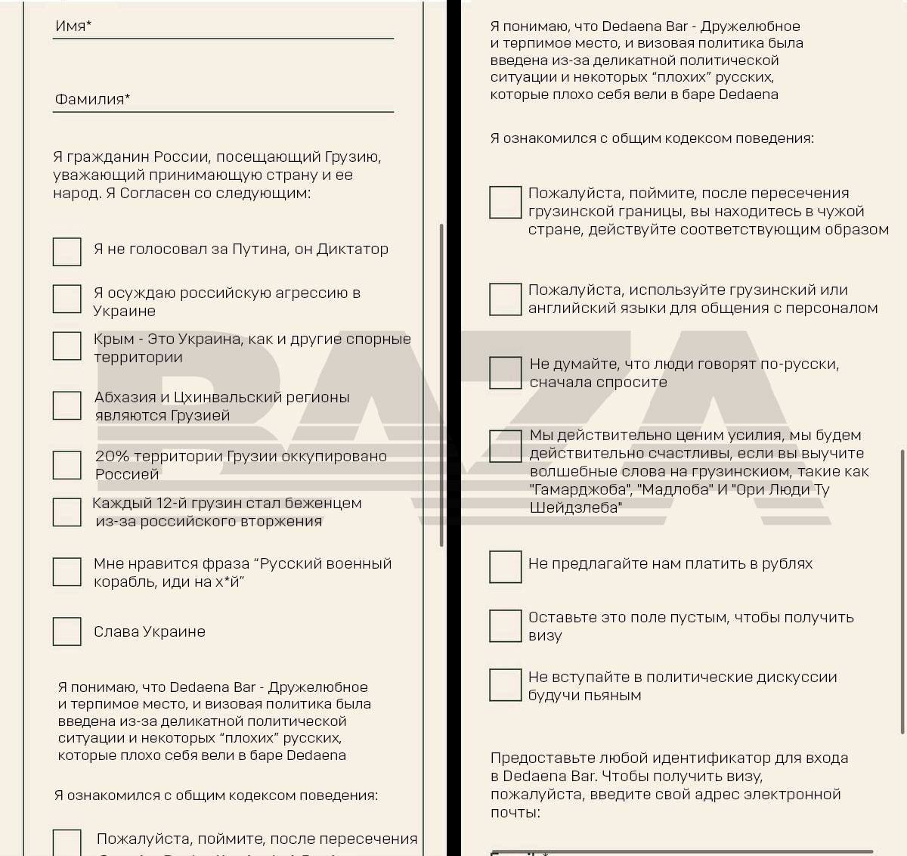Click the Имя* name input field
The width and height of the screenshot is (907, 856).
tap(223, 27)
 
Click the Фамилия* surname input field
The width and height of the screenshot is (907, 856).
tap(223, 100)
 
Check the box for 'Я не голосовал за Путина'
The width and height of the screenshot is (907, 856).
tap(67, 252)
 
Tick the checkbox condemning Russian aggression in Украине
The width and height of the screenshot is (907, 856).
tap(67, 299)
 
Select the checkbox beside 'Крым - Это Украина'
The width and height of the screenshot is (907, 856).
tap(67, 346)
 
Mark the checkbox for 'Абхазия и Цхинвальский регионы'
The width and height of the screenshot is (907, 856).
tap(67, 405)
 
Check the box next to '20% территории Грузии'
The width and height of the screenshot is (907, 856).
tap(67, 465)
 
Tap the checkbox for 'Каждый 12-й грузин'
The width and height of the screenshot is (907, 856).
tap(67, 512)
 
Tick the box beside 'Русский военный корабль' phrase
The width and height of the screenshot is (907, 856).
tap(67, 572)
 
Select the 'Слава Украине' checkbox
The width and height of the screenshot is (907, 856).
tap(67, 631)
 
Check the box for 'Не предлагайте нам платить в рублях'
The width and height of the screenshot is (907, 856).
tap(505, 566)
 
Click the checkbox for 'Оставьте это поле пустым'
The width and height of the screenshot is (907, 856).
tap(505, 625)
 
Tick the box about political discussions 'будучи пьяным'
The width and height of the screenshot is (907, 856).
tap(505, 684)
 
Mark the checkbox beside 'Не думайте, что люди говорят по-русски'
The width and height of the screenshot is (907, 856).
tap(505, 373)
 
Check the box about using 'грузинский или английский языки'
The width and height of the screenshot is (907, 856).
tap(505, 299)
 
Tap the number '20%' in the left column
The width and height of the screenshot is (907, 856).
tap(110, 456)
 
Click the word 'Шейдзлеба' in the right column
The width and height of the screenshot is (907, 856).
tap(575, 508)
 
